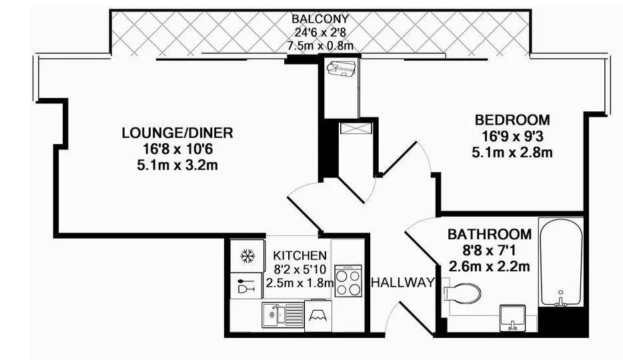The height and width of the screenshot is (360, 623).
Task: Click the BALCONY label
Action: point(320,19)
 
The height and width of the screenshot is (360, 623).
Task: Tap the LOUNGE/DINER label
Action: point(177,133)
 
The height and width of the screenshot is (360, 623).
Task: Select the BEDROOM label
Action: point(512,119)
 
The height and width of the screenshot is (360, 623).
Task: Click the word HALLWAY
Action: point(403,283)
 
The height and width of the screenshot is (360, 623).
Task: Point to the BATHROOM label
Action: point(490,234)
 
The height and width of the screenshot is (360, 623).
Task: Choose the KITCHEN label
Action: point(300,255)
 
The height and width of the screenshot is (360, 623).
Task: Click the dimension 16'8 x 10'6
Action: point(177,149)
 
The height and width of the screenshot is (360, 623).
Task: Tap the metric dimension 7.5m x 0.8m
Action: point(320,45)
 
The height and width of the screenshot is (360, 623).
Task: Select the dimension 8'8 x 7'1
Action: point(490,250)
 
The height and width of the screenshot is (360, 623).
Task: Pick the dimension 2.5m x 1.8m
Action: point(299,283)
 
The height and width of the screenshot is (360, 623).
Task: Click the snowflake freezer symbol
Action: point(247,256)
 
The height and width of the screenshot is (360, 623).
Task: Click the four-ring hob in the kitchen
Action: point(348,281)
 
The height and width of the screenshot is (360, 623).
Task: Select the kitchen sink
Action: point(283,315)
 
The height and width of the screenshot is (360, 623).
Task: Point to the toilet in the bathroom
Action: point(462,294)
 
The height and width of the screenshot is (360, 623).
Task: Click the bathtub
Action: point(560,263)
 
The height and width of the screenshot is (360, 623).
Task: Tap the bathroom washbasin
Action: point(512,318)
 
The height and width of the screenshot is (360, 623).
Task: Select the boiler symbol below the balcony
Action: point(340,67)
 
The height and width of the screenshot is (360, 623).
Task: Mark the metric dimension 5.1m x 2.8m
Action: point(512,153)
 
